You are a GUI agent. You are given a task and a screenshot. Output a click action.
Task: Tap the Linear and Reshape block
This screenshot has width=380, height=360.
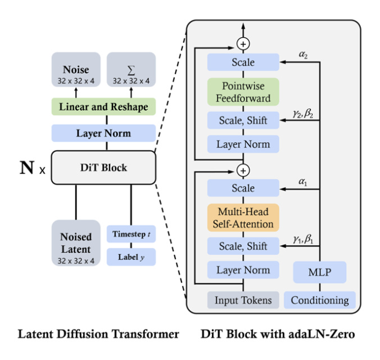click(103, 107)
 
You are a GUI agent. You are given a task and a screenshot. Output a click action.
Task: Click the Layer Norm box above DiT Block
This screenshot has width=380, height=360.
click(103, 133)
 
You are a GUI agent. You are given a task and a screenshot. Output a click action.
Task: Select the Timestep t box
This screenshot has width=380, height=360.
click(130, 233)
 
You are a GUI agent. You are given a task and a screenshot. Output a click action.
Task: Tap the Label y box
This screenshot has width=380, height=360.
click(130, 257)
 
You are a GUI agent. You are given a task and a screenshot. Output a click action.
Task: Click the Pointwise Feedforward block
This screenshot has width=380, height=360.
click(243, 92)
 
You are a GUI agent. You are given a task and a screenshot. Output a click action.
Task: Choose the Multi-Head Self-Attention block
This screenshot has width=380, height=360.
click(243, 217)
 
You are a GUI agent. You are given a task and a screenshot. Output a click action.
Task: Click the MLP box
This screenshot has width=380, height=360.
click(319, 273)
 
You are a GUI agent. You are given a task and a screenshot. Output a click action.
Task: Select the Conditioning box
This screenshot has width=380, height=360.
click(319, 300)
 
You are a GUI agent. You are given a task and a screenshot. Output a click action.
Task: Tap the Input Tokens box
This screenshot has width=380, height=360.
click(243, 300)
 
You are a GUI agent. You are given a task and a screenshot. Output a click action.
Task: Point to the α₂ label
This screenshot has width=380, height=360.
click(303, 55)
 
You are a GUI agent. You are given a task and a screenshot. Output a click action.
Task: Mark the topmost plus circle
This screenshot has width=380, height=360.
click(243, 43)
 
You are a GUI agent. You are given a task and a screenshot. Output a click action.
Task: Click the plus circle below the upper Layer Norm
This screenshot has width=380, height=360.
click(243, 169)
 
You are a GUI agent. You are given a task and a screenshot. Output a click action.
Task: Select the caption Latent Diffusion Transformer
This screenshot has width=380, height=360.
click(98, 334)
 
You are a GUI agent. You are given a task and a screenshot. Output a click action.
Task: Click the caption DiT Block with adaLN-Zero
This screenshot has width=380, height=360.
click(278, 334)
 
